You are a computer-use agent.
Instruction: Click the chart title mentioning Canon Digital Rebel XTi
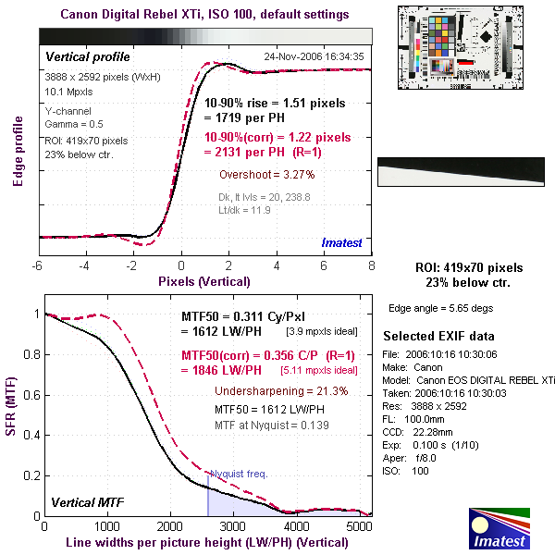point(204,15)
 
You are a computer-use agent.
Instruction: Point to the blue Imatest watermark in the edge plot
point(342,242)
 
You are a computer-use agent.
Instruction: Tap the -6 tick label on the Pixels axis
point(37,266)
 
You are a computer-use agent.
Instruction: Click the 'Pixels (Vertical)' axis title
point(204,280)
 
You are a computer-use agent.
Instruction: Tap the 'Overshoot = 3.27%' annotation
point(267,174)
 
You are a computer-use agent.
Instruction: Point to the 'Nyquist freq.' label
point(238,474)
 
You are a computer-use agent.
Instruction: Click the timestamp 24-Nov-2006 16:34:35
point(314,56)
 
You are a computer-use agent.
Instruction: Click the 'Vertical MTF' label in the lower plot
point(85,503)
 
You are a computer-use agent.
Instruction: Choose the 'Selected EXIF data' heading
point(438,336)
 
